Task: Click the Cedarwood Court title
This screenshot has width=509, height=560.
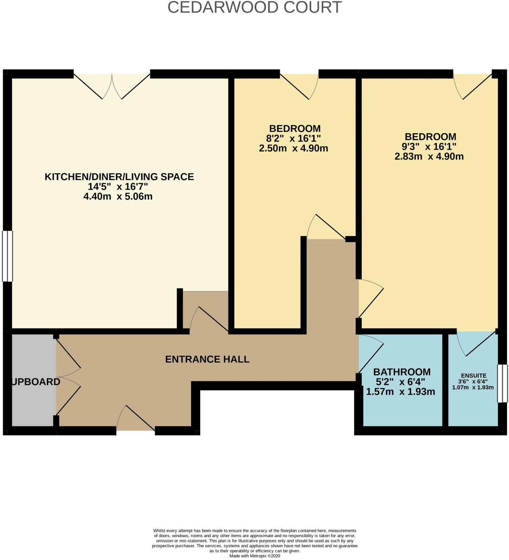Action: pos(254,7)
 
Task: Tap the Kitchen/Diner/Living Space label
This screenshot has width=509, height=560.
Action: pos(119,177)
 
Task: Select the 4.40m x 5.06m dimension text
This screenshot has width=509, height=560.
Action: pos(118,197)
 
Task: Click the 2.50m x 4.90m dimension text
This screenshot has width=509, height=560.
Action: pos(293,148)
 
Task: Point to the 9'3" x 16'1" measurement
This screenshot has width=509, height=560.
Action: pos(429,146)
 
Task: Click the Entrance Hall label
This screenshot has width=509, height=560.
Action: pos(207,360)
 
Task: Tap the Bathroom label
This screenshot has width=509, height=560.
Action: pos(402,372)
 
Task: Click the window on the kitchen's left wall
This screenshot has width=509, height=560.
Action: pos(7,256)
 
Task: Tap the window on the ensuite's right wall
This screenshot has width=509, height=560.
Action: pos(502,384)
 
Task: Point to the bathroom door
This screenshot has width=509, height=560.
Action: pos(371,353)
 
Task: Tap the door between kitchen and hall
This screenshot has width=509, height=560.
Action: pos(209,320)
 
